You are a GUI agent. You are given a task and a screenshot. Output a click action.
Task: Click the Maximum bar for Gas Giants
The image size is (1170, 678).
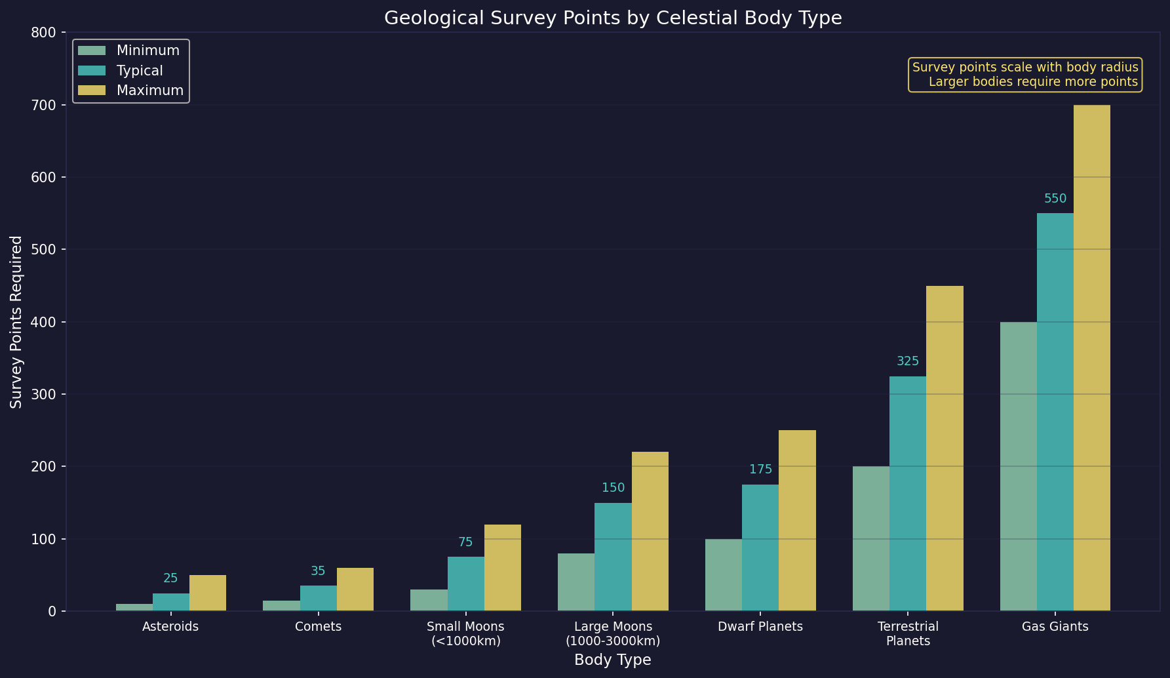pyautogui.click(x=1091, y=357)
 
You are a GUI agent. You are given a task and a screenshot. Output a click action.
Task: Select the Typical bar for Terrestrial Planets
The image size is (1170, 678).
pyautogui.click(x=907, y=493)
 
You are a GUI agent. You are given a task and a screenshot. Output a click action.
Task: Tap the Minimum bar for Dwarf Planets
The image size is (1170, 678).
pyautogui.click(x=723, y=574)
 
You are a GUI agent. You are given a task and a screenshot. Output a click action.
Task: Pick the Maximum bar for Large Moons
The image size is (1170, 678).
pyautogui.click(x=650, y=531)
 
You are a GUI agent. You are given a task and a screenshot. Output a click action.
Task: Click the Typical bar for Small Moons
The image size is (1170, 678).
pyautogui.click(x=465, y=584)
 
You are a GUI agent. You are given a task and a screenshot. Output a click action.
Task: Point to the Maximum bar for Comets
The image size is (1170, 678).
pyautogui.click(x=355, y=589)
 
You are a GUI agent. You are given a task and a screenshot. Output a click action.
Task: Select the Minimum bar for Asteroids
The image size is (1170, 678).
pyautogui.click(x=134, y=607)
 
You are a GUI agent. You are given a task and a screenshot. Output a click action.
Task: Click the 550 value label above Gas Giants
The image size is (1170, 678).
pyautogui.click(x=1055, y=199)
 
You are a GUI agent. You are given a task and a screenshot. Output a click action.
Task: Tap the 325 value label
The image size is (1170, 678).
pyautogui.click(x=907, y=361)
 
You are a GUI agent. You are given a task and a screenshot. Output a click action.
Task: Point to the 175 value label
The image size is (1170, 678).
pyautogui.click(x=760, y=469)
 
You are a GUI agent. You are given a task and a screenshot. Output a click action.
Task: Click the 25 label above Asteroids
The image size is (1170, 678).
pyautogui.click(x=170, y=578)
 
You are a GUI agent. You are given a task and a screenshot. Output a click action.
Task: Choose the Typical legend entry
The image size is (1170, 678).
pyautogui.click(x=140, y=71)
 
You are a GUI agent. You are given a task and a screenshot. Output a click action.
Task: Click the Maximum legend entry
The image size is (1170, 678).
pyautogui.click(x=149, y=90)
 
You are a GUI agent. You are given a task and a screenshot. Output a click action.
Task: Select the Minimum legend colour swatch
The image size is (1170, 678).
pyautogui.click(x=91, y=50)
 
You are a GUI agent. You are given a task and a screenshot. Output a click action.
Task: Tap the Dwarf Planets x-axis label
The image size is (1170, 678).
pyautogui.click(x=760, y=626)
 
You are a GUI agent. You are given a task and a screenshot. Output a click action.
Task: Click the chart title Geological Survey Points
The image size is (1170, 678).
pyautogui.click(x=612, y=18)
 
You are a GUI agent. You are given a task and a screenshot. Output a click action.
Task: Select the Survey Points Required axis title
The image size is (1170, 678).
pyautogui.click(x=16, y=321)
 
